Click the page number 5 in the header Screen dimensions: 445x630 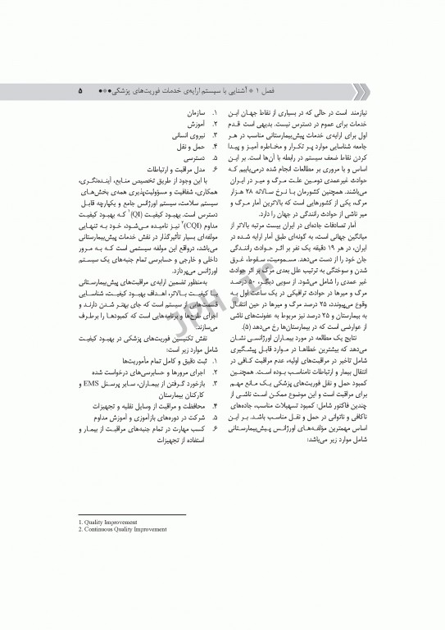point(79,85)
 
